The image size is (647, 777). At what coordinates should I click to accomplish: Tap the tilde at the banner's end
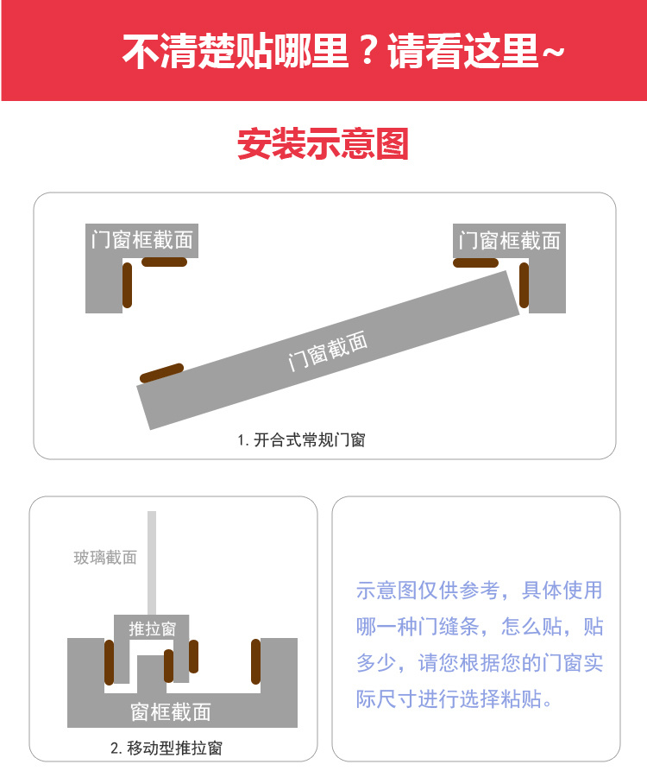coord(553,52)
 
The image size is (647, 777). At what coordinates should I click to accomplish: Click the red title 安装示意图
coord(323,143)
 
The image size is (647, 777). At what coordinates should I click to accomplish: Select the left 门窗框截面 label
coord(141,240)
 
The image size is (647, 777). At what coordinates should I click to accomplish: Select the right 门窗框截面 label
coord(509,241)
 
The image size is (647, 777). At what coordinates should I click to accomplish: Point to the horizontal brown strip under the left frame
coord(165,262)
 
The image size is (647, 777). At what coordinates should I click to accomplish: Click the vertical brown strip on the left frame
coord(127,285)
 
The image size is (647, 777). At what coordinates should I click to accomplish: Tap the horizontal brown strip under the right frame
coord(475,262)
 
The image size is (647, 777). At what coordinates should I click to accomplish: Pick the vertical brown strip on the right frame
coord(524,285)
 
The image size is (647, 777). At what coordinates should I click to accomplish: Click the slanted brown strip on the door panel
coord(162,373)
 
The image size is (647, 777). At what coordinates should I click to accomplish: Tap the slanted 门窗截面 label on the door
coord(328,351)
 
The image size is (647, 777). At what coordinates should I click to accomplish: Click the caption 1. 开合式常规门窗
coord(301,440)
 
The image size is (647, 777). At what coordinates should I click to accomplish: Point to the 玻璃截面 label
coord(105,558)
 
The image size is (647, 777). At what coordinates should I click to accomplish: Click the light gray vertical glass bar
coord(152,563)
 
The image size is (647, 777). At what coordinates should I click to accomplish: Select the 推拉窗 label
coord(152,629)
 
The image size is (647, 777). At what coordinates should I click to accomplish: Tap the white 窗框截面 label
coord(170,712)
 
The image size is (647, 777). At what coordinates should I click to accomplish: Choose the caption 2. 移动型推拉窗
coord(166,748)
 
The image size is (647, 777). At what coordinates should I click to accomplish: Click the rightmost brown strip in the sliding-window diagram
coord(256,661)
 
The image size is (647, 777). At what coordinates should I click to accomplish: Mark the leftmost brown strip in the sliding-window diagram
coord(109,662)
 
